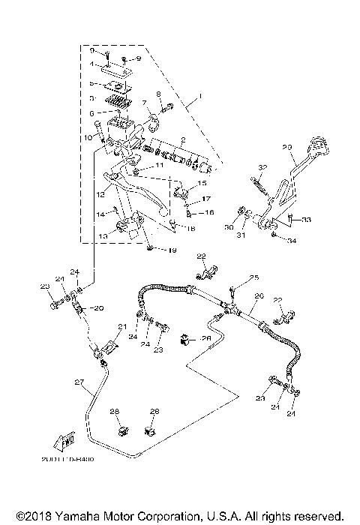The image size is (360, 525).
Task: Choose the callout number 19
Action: click(x=171, y=250)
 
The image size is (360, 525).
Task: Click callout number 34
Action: click(x=293, y=241)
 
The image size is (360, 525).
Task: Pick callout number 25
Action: click(x=253, y=277)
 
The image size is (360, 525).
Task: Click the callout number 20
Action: click(x=98, y=307)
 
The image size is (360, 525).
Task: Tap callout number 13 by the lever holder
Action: click(x=103, y=235)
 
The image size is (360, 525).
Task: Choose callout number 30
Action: click(x=229, y=227)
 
